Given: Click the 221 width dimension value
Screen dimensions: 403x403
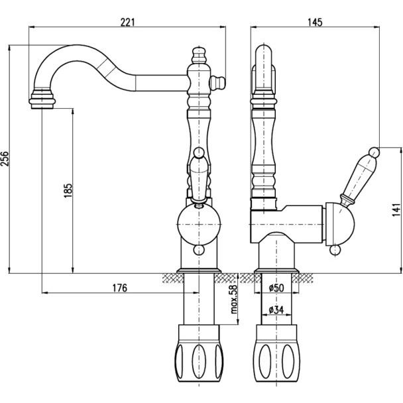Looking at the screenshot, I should pos(129,22).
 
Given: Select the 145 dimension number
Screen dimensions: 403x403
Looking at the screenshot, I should pos(314,22).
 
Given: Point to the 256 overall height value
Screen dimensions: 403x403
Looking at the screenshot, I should pos(6,159).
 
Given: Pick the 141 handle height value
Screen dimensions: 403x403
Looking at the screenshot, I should pos(396,209).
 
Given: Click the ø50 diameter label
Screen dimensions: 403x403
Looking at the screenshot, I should pos(277,289).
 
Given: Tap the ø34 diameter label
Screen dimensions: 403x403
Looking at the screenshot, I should pos(276,309).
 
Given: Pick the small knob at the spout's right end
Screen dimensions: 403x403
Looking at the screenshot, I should pos(217,82).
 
